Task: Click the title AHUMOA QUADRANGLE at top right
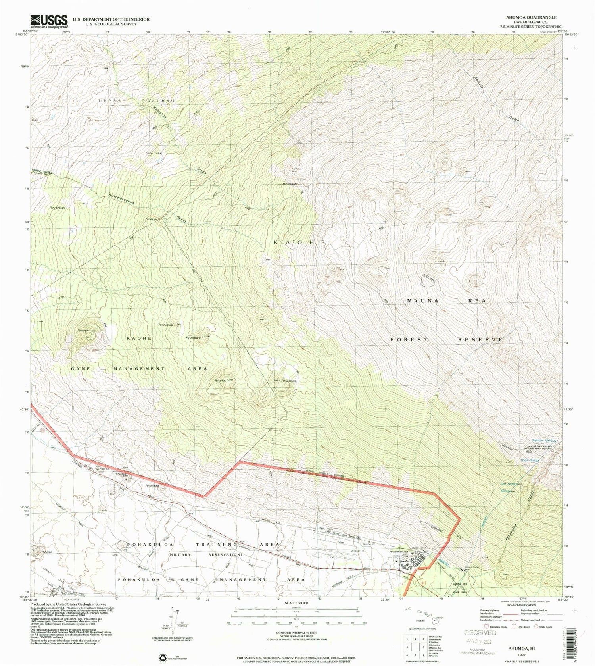click(531, 17)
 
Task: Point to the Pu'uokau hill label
click(221, 380)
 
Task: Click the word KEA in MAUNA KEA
click(477, 301)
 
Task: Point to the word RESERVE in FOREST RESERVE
click(480, 340)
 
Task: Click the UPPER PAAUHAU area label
click(136, 101)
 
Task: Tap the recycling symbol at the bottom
click(163, 657)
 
